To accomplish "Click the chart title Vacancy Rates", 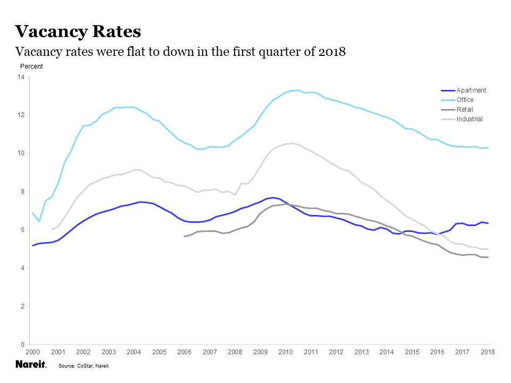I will tap(78, 31).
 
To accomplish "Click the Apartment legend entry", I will tap(471, 90).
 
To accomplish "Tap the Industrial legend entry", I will tap(469, 119).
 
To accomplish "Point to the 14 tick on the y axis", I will tap(21, 77).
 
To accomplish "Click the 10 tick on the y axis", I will tap(21, 154).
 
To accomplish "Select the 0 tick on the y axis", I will tap(23, 345).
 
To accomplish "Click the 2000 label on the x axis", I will tap(32, 353).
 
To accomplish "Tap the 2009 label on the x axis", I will tap(260, 353).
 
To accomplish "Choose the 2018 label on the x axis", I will tap(488, 353).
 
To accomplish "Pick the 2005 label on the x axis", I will tap(159, 353).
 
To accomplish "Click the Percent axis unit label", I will tap(31, 66).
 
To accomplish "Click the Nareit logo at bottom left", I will tap(30, 365).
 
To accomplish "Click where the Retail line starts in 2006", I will tap(184, 236).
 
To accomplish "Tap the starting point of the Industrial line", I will tap(51, 229).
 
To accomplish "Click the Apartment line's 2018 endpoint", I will tap(488, 223).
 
